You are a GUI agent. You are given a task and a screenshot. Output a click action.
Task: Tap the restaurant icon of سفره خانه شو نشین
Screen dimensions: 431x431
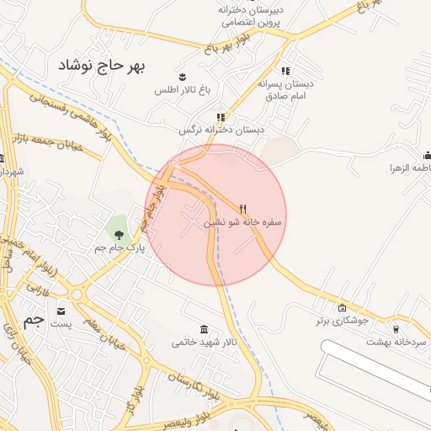pos(243,208)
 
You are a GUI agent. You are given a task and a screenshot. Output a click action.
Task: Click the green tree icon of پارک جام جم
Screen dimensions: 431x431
pos(119,234)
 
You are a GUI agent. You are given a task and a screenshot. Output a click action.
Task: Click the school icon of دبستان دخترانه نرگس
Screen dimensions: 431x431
pos(221,117)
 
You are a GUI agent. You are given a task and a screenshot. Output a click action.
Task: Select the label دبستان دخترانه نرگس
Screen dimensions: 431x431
pos(221,130)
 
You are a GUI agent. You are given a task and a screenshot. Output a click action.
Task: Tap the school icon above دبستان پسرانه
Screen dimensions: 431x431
pos(285,71)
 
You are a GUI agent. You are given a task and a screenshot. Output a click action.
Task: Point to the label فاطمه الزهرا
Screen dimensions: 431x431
pos(407,168)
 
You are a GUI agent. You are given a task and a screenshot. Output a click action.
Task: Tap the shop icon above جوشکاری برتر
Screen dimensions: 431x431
pos(341,308)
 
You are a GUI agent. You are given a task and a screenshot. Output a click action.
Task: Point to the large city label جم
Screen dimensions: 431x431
pos(33,320)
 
